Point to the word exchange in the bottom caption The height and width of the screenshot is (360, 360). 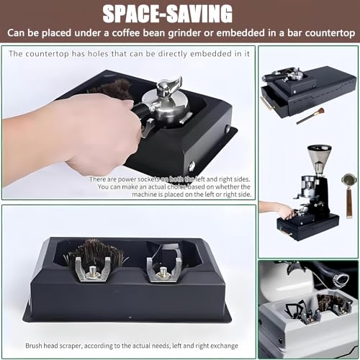(x=222, y=346)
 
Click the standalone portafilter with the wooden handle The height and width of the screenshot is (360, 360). (x=348, y=191)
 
